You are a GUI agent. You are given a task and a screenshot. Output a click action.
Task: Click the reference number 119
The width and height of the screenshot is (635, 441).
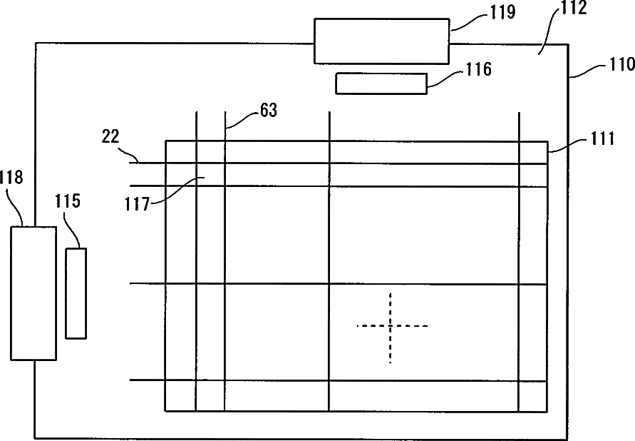coord(482,12)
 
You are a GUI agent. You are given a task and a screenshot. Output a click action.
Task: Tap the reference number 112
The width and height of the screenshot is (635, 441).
coord(573,9)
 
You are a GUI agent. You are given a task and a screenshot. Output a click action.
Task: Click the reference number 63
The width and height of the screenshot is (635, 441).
coord(269,111)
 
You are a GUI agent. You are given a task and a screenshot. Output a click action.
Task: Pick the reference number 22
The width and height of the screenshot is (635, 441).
coord(110,138)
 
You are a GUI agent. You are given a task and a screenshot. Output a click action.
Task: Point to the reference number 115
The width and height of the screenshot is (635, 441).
coord(68,201)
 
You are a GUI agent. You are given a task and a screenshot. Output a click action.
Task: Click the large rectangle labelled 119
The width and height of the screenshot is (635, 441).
coord(381,41)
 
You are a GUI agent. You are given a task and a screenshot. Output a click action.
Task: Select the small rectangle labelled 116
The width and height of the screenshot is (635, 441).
coord(381,83)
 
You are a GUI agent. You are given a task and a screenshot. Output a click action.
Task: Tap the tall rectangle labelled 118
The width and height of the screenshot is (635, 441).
coord(33,293)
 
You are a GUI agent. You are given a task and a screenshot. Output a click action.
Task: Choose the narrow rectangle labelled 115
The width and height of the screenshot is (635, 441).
coord(76,293)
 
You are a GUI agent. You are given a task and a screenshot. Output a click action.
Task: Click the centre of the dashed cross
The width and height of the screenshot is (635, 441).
coord(391,326)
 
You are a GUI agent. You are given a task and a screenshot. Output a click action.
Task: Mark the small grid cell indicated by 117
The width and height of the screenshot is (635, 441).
coord(210,175)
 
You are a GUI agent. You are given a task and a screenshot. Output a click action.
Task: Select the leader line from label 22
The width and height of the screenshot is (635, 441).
coord(130,155)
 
